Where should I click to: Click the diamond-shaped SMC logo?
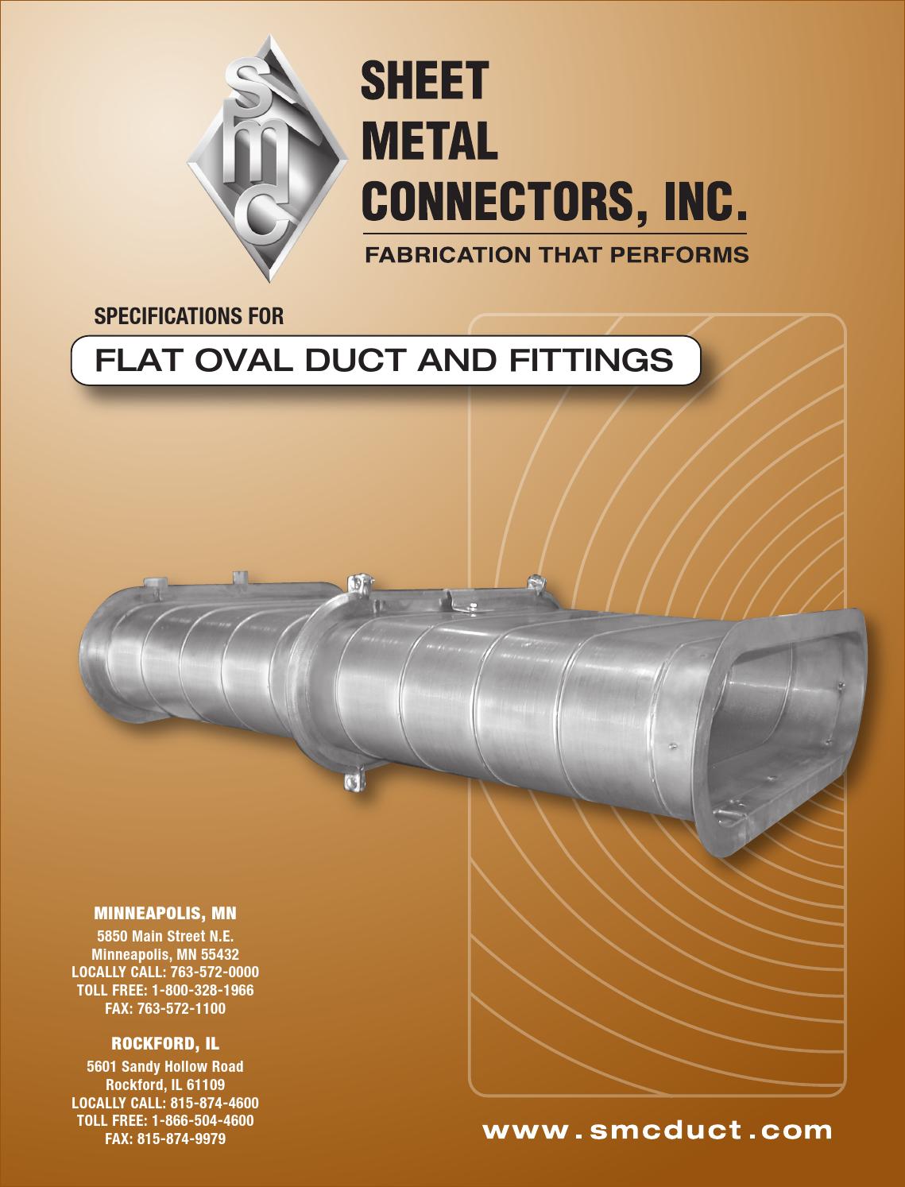pyautogui.click(x=268, y=159)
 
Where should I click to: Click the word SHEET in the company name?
pyautogui.click(x=424, y=80)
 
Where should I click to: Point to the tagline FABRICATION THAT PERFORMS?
pyautogui.click(x=556, y=254)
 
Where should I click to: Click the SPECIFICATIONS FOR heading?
pyautogui.click(x=188, y=316)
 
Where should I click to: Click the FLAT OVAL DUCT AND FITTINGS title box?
pyautogui.click(x=386, y=360)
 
